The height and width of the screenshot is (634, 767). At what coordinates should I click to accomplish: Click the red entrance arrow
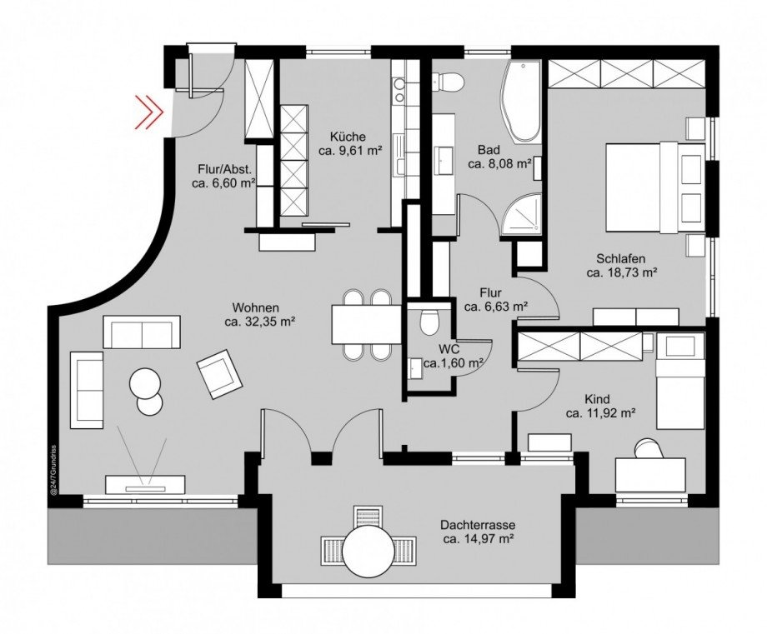pyautogui.click(x=148, y=112)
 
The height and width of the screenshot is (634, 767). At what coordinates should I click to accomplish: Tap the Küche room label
pyautogui.click(x=348, y=137)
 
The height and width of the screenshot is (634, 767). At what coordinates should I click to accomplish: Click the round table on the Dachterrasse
pyautogui.click(x=368, y=552)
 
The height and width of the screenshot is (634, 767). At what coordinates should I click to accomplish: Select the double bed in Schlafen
pyautogui.click(x=655, y=187)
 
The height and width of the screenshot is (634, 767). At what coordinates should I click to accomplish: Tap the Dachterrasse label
pyautogui.click(x=478, y=526)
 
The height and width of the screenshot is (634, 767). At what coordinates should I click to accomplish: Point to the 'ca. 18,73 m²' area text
pyautogui.click(x=621, y=272)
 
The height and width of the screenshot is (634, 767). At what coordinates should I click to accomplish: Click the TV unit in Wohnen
pyautogui.click(x=145, y=484)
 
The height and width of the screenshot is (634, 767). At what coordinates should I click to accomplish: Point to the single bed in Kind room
pyautogui.click(x=679, y=381)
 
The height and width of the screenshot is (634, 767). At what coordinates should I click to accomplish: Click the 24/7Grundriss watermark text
pyautogui.click(x=54, y=471)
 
